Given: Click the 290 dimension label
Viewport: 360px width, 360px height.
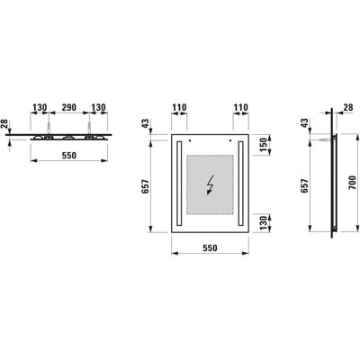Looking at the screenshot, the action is click(69, 107).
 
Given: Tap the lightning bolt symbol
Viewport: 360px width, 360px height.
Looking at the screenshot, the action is click(210, 184).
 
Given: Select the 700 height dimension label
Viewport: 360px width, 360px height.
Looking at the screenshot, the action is click(353, 183).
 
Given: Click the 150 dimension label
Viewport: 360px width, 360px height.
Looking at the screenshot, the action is click(263, 145).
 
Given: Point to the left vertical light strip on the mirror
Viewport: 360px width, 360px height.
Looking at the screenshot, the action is click(179, 184).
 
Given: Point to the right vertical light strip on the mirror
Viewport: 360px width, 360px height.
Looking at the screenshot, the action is click(240, 184).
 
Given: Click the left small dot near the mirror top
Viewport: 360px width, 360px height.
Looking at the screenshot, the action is click(190, 140).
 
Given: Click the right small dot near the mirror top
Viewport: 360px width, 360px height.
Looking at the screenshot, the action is click(230, 140).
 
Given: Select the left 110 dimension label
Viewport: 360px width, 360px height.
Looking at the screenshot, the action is click(179, 107).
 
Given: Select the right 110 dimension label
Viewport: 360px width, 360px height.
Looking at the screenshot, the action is click(241, 107).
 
